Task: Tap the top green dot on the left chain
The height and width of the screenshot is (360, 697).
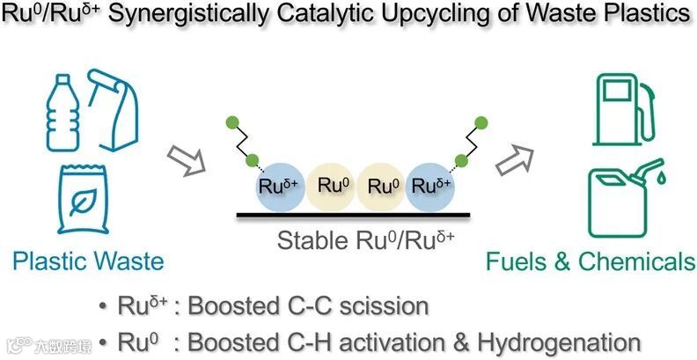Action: tap(232, 121)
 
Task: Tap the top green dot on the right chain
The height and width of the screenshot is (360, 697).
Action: tap(480, 121)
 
